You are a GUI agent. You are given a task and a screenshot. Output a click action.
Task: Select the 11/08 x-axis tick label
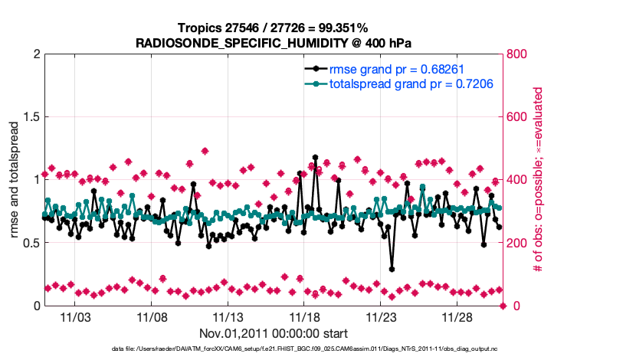152,317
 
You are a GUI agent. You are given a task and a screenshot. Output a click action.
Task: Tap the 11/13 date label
228,317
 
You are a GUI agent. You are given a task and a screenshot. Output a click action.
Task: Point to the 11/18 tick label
304,317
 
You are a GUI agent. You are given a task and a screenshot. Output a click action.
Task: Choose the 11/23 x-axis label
381,317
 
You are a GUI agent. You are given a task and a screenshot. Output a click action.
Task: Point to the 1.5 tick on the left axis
28,117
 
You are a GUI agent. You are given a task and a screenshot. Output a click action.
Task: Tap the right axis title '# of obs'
539,179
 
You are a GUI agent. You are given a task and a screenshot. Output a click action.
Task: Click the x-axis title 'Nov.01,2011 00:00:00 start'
274,333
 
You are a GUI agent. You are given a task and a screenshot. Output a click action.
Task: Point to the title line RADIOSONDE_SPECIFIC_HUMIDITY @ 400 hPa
274,42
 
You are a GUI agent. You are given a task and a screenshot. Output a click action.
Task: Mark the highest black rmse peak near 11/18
315,157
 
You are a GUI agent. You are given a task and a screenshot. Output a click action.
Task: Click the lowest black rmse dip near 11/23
392,269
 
